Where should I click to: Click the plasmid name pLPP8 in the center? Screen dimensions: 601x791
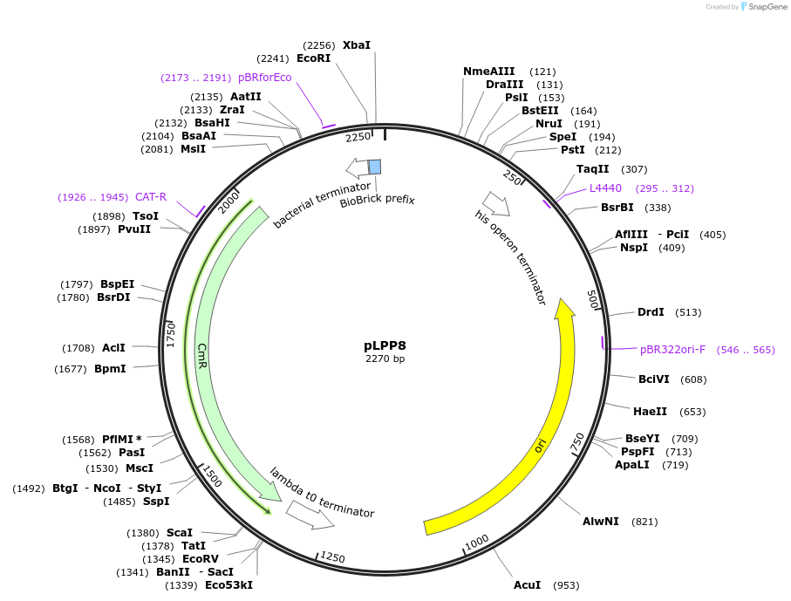coord(385,345)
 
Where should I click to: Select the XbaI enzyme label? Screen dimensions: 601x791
coord(356,44)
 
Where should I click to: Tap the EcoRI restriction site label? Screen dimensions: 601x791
coord(314,58)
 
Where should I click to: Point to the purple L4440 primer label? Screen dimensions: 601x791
coord(605,188)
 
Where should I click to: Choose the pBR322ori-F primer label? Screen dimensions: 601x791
coord(672,350)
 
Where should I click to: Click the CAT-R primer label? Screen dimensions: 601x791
coord(151,197)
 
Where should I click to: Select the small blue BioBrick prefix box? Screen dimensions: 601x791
coord(374,167)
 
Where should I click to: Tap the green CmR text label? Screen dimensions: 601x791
coord(202,355)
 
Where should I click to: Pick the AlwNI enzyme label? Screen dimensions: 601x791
coord(600,522)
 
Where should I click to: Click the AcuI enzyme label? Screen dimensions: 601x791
coord(527,584)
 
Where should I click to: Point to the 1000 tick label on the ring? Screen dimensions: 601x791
coord(477,543)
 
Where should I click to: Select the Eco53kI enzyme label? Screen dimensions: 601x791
coord(228,584)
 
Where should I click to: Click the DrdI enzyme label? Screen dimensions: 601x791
coord(651,312)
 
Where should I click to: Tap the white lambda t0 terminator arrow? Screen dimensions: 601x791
coord(310,514)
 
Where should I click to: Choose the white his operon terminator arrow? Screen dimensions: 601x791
coord(497,204)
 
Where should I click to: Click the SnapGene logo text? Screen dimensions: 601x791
coord(765,7)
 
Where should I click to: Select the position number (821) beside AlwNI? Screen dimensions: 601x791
coord(644,522)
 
